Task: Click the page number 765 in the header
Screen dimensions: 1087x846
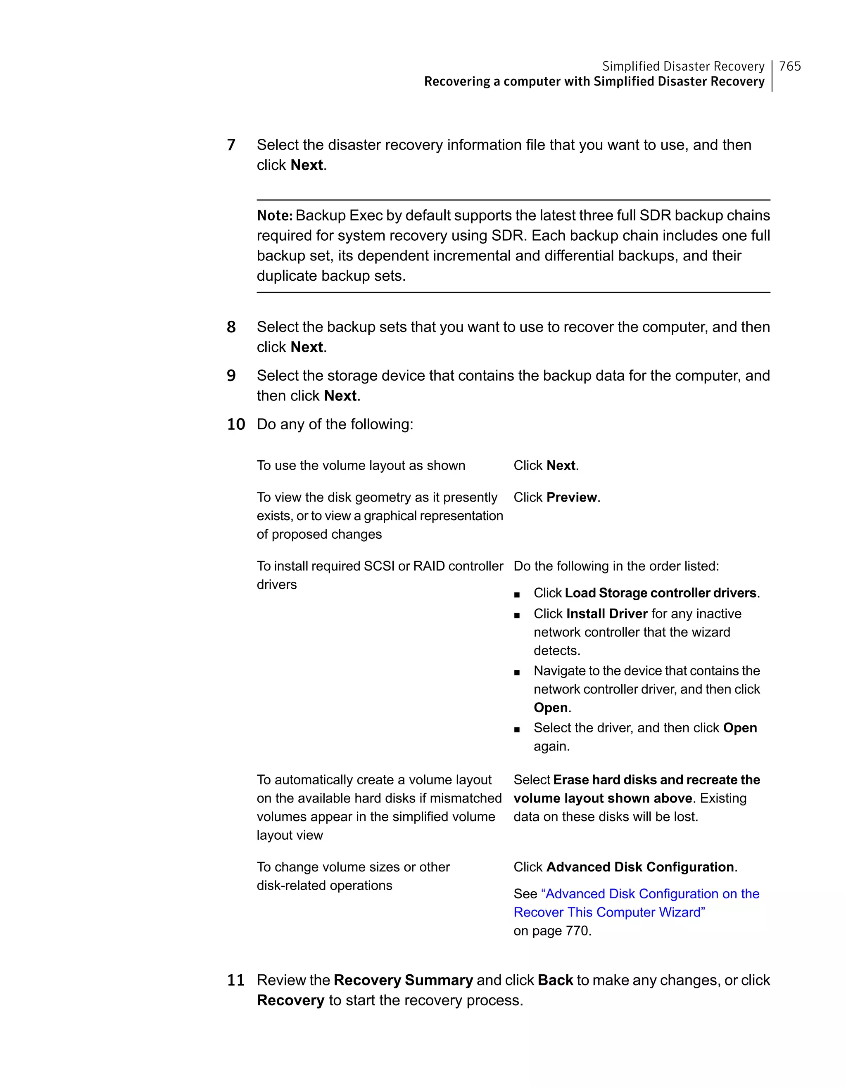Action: (790, 66)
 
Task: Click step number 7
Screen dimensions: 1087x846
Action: (231, 145)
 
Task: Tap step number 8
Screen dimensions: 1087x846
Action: (231, 327)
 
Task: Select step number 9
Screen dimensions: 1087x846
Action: (231, 375)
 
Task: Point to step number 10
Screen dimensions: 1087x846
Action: (236, 424)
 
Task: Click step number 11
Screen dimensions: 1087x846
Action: (236, 980)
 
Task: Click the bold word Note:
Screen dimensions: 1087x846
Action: (274, 216)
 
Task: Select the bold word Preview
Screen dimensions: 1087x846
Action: (572, 497)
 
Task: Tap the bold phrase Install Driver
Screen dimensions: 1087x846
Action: (606, 613)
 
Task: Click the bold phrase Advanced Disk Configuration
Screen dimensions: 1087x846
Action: (640, 867)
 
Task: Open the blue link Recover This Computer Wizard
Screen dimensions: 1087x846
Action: (609, 912)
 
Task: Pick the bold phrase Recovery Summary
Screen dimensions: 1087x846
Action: (403, 980)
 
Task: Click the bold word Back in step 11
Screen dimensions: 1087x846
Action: (555, 980)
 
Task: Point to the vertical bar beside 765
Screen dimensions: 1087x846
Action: (772, 76)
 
